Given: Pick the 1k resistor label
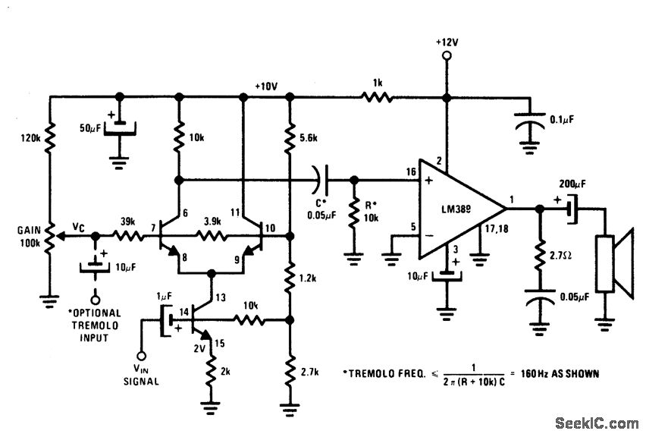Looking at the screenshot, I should pos(377,83).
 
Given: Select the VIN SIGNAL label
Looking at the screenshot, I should pos(140,375).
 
